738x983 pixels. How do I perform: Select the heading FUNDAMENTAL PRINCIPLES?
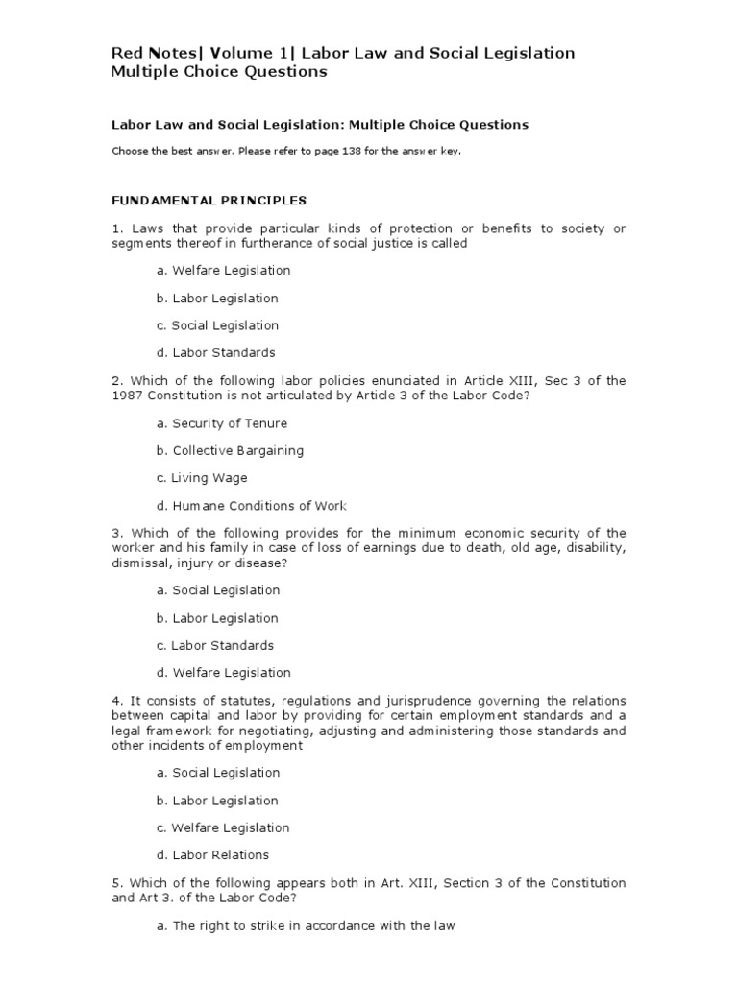[209, 201]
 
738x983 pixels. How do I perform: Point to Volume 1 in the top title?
[258, 53]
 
